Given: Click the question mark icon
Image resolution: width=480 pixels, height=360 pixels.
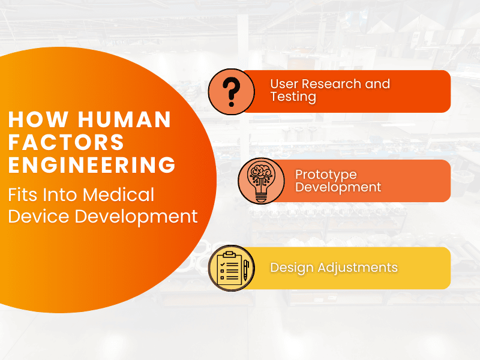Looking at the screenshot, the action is (x=232, y=92).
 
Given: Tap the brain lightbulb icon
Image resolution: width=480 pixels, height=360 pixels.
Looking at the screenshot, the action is (x=261, y=181).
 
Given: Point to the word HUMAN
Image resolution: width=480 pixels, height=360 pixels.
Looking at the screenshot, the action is (x=124, y=119).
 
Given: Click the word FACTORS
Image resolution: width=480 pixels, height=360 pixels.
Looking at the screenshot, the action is (x=66, y=142).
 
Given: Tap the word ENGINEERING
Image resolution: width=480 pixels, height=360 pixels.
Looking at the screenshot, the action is (x=92, y=164).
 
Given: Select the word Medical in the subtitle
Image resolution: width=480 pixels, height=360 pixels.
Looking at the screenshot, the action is (x=118, y=194).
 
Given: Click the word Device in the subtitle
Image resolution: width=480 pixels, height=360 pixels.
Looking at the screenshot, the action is (x=38, y=217).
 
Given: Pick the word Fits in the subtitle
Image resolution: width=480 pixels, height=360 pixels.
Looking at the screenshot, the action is (x=23, y=194).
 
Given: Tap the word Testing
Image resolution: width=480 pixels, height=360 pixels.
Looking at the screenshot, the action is (x=293, y=97).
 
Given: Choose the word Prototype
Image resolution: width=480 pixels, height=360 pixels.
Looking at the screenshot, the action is (x=326, y=175).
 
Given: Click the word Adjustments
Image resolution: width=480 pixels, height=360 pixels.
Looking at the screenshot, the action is (x=358, y=268).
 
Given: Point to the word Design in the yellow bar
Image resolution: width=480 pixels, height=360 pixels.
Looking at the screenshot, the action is (x=292, y=268).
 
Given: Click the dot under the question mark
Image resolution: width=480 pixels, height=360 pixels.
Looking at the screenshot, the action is (x=232, y=104).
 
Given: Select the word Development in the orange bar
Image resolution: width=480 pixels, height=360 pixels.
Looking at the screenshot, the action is (x=338, y=187).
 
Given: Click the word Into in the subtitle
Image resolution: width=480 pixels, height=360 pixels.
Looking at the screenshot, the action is (x=61, y=194).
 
